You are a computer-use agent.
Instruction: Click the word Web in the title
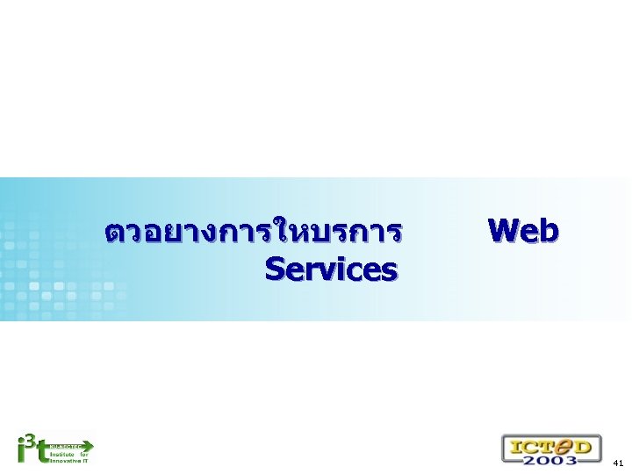(x=523, y=231)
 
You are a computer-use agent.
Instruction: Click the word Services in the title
(x=330, y=269)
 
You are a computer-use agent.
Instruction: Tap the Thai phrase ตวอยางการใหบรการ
(x=253, y=233)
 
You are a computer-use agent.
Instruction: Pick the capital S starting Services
(x=274, y=269)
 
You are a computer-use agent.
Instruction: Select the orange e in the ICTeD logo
(x=561, y=444)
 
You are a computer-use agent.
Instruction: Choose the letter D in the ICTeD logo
(x=584, y=444)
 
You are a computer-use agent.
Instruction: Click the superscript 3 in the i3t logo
(x=30, y=438)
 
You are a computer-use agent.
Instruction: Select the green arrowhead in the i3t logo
(x=87, y=446)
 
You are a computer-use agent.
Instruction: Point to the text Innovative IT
(x=68, y=461)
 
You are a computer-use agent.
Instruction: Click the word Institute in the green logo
(x=62, y=454)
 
